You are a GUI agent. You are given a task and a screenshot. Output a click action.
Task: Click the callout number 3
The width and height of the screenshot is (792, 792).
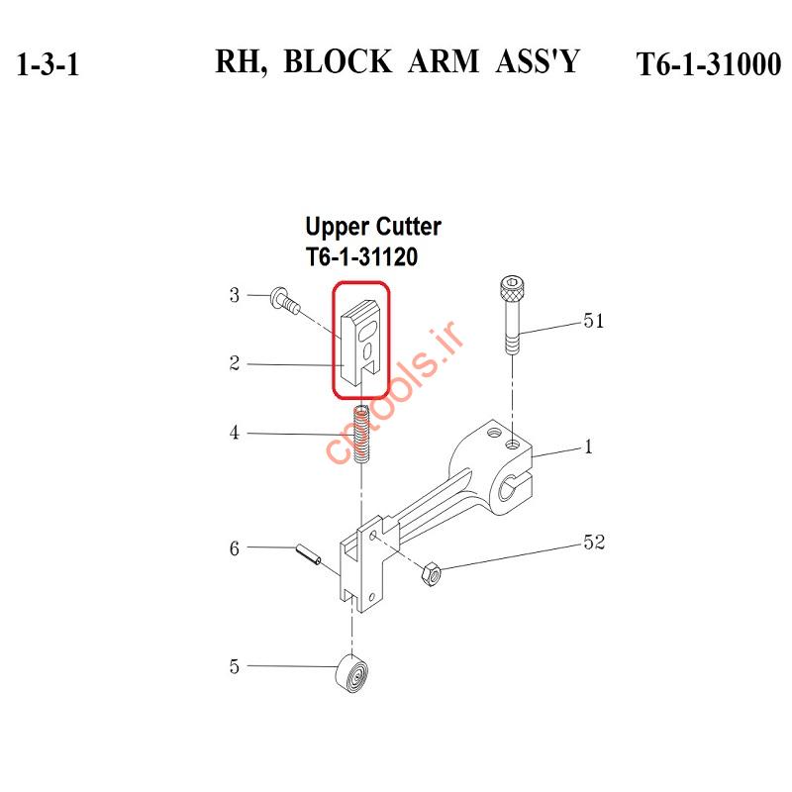click(235, 295)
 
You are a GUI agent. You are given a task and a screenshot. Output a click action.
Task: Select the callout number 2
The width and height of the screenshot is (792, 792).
click(235, 363)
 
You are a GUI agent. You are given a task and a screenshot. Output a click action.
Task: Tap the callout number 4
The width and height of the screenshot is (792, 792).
click(235, 433)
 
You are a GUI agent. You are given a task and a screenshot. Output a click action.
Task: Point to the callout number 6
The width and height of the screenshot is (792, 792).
click(235, 548)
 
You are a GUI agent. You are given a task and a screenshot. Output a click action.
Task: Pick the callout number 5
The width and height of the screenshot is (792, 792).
click(235, 666)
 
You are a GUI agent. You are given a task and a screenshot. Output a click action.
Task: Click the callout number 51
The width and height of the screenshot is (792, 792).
click(593, 321)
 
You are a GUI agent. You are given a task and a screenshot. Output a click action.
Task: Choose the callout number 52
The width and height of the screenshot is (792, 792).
click(594, 542)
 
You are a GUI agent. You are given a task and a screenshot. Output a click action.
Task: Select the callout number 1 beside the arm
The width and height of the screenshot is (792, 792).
click(588, 447)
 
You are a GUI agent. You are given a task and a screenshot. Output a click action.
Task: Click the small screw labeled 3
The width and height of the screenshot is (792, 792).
click(285, 301)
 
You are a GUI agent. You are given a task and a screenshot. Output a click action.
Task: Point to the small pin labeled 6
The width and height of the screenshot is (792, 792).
click(308, 554)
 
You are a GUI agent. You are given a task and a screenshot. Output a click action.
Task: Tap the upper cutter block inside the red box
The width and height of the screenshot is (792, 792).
click(360, 340)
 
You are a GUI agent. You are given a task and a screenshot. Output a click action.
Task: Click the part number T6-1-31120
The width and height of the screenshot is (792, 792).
click(361, 256)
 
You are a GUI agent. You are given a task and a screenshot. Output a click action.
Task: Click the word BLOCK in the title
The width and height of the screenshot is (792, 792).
click(338, 61)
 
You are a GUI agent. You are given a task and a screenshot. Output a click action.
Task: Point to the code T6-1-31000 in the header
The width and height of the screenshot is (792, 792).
click(708, 64)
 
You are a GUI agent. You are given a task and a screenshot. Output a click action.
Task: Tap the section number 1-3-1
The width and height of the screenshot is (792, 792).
click(48, 64)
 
